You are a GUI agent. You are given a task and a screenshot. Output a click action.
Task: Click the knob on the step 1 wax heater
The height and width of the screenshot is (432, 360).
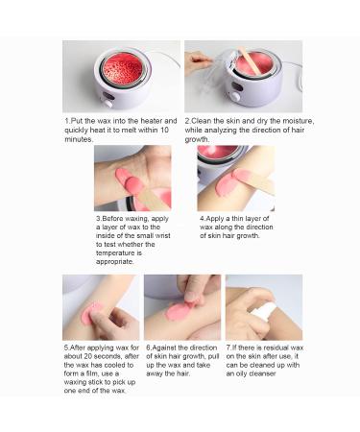tap(108, 104)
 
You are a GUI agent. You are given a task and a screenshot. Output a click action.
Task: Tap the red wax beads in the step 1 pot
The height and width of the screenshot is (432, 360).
tap(122, 69)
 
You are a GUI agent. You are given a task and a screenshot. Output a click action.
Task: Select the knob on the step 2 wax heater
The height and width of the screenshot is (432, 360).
tap(235, 97)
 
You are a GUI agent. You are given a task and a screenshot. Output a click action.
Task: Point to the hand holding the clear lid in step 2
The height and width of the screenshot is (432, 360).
tap(198, 62)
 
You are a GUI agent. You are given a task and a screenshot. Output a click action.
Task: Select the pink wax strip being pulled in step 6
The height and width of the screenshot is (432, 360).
tap(180, 309)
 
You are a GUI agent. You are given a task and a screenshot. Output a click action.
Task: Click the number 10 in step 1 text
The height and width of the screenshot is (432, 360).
tap(164, 131)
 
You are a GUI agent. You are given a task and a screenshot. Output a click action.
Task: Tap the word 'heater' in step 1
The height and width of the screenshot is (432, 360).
tap(152, 121)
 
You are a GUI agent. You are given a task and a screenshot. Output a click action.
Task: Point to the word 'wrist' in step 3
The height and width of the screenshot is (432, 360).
tap(162, 236)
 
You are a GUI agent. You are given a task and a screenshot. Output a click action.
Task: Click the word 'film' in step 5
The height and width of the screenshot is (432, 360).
tap(96, 373)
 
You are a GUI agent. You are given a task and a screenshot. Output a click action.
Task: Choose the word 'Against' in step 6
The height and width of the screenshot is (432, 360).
tap(164, 348)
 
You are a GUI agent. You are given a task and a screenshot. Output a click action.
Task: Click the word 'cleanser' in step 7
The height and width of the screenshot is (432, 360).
tap(262, 373)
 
